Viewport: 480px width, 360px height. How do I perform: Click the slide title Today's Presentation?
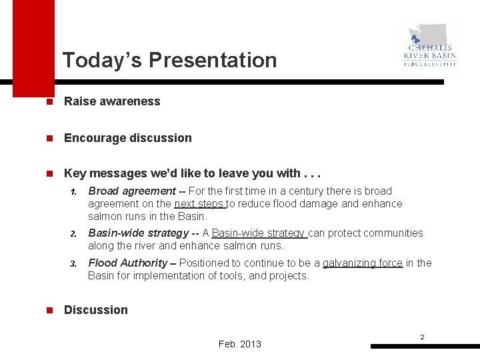(169, 60)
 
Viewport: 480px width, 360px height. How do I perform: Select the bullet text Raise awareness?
(112, 101)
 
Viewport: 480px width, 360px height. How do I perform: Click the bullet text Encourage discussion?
(127, 138)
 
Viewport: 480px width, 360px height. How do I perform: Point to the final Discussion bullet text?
(95, 310)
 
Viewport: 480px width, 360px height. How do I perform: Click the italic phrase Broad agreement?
(131, 191)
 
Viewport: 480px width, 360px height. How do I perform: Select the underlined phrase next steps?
(199, 204)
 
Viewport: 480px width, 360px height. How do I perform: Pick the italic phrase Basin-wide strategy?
(138, 233)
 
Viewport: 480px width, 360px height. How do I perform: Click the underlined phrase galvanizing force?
(363, 263)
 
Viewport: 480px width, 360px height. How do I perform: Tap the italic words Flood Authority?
(127, 263)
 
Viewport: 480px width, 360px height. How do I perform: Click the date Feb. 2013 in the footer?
(240, 344)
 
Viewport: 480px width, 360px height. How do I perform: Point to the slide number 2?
(422, 337)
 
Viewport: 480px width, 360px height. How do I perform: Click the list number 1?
(74, 192)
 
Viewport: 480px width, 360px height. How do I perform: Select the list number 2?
(74, 234)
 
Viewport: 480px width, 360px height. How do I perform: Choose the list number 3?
(74, 264)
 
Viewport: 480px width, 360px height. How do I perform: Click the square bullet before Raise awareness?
(41, 102)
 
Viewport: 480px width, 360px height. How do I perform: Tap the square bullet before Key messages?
(41, 174)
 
